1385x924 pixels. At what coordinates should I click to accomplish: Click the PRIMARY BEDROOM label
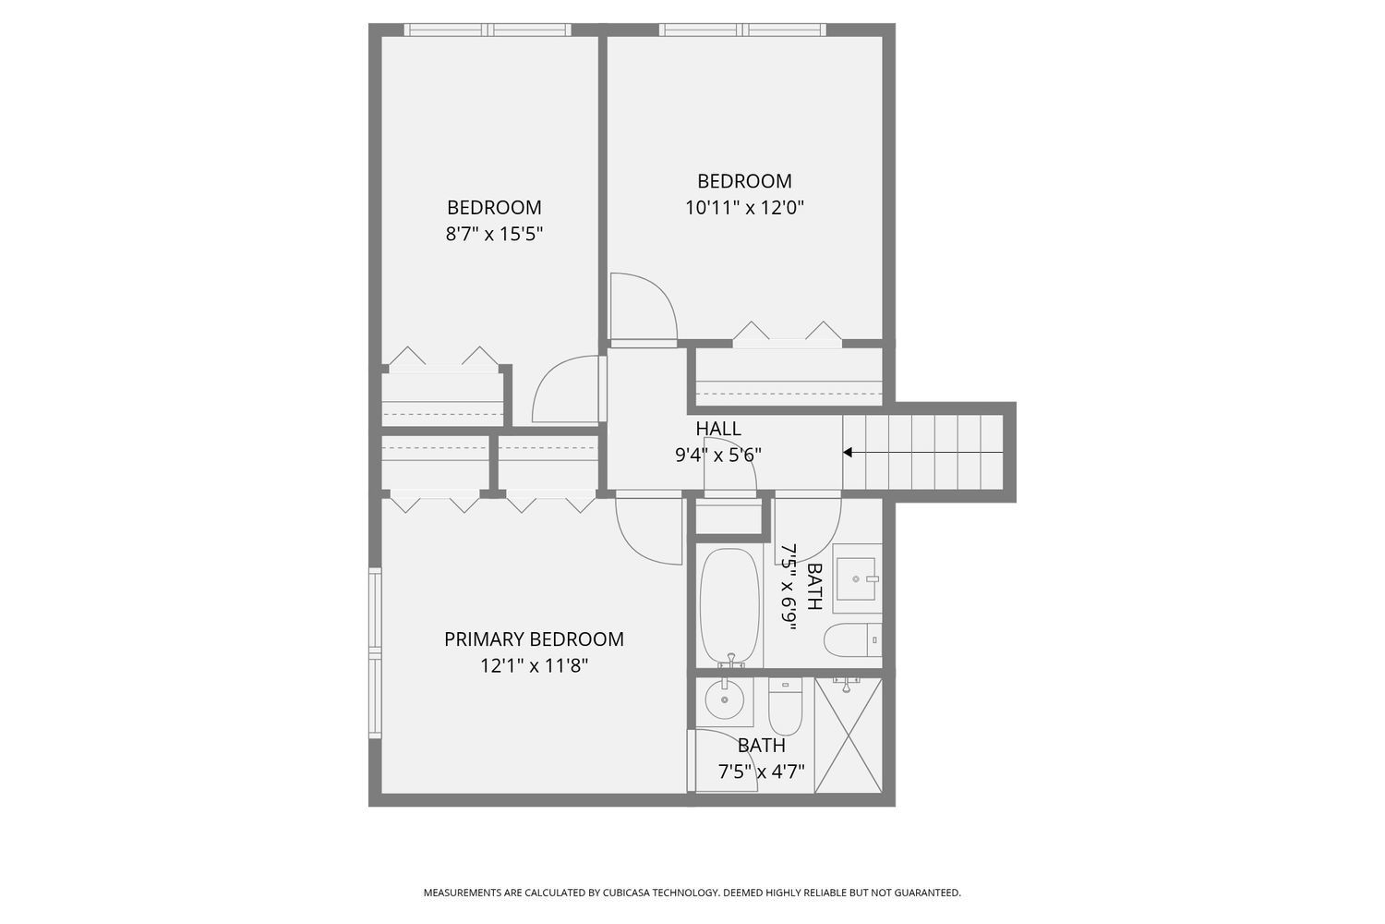pos(534,639)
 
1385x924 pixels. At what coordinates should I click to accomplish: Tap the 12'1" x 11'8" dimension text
pos(534,666)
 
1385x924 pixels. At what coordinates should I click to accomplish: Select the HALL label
pos(717,428)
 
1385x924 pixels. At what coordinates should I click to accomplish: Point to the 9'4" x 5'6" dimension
pos(717,456)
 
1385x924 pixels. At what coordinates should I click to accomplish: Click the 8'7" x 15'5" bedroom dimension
pos(494,235)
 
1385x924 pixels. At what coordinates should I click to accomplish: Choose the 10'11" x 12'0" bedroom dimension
pos(744,208)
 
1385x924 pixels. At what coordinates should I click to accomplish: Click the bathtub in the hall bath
pos(729,607)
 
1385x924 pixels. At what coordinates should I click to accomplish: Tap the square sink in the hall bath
pos(856,578)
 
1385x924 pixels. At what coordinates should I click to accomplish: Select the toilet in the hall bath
pos(852,640)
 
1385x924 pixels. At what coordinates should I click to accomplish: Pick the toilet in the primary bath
pos(785,706)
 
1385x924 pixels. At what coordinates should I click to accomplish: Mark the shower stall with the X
pos(849,736)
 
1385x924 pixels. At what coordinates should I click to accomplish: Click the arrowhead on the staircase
pos(847,453)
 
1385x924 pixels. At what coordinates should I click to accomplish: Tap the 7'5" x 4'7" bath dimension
pos(761,772)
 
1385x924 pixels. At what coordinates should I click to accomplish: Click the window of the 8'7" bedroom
pos(488,30)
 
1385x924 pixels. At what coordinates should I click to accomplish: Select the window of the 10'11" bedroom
pos(742,30)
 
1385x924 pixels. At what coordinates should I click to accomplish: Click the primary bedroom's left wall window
pos(375,652)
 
